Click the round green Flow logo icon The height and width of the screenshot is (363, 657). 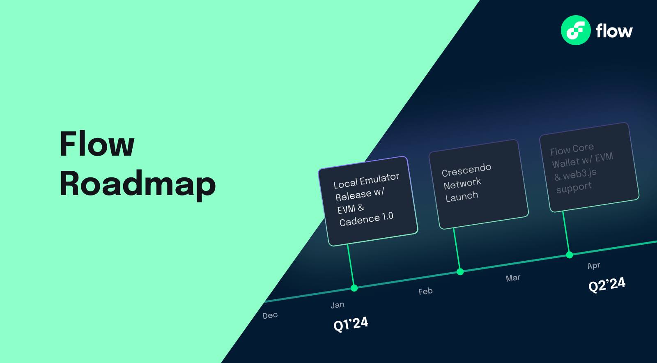576,30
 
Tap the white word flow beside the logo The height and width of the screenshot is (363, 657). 614,31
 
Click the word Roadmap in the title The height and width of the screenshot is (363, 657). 138,184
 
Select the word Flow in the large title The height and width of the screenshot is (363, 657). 97,144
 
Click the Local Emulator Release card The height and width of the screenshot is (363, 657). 368,201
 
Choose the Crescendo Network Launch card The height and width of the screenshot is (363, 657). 478,184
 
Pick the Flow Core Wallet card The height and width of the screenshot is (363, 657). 589,167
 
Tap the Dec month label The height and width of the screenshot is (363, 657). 270,315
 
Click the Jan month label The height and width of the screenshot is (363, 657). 338,305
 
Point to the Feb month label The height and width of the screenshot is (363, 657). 425,292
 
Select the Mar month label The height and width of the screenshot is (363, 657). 513,278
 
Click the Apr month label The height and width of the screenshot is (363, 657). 594,266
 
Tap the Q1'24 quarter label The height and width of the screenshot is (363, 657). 351,324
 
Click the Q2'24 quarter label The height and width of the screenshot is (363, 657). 606,284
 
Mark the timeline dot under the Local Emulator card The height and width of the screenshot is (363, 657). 354,288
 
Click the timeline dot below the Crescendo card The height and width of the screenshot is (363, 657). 460,272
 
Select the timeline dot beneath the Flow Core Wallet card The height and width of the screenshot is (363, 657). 570,255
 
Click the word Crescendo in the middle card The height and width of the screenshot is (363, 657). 466,170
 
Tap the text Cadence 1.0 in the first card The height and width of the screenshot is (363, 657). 366,219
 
